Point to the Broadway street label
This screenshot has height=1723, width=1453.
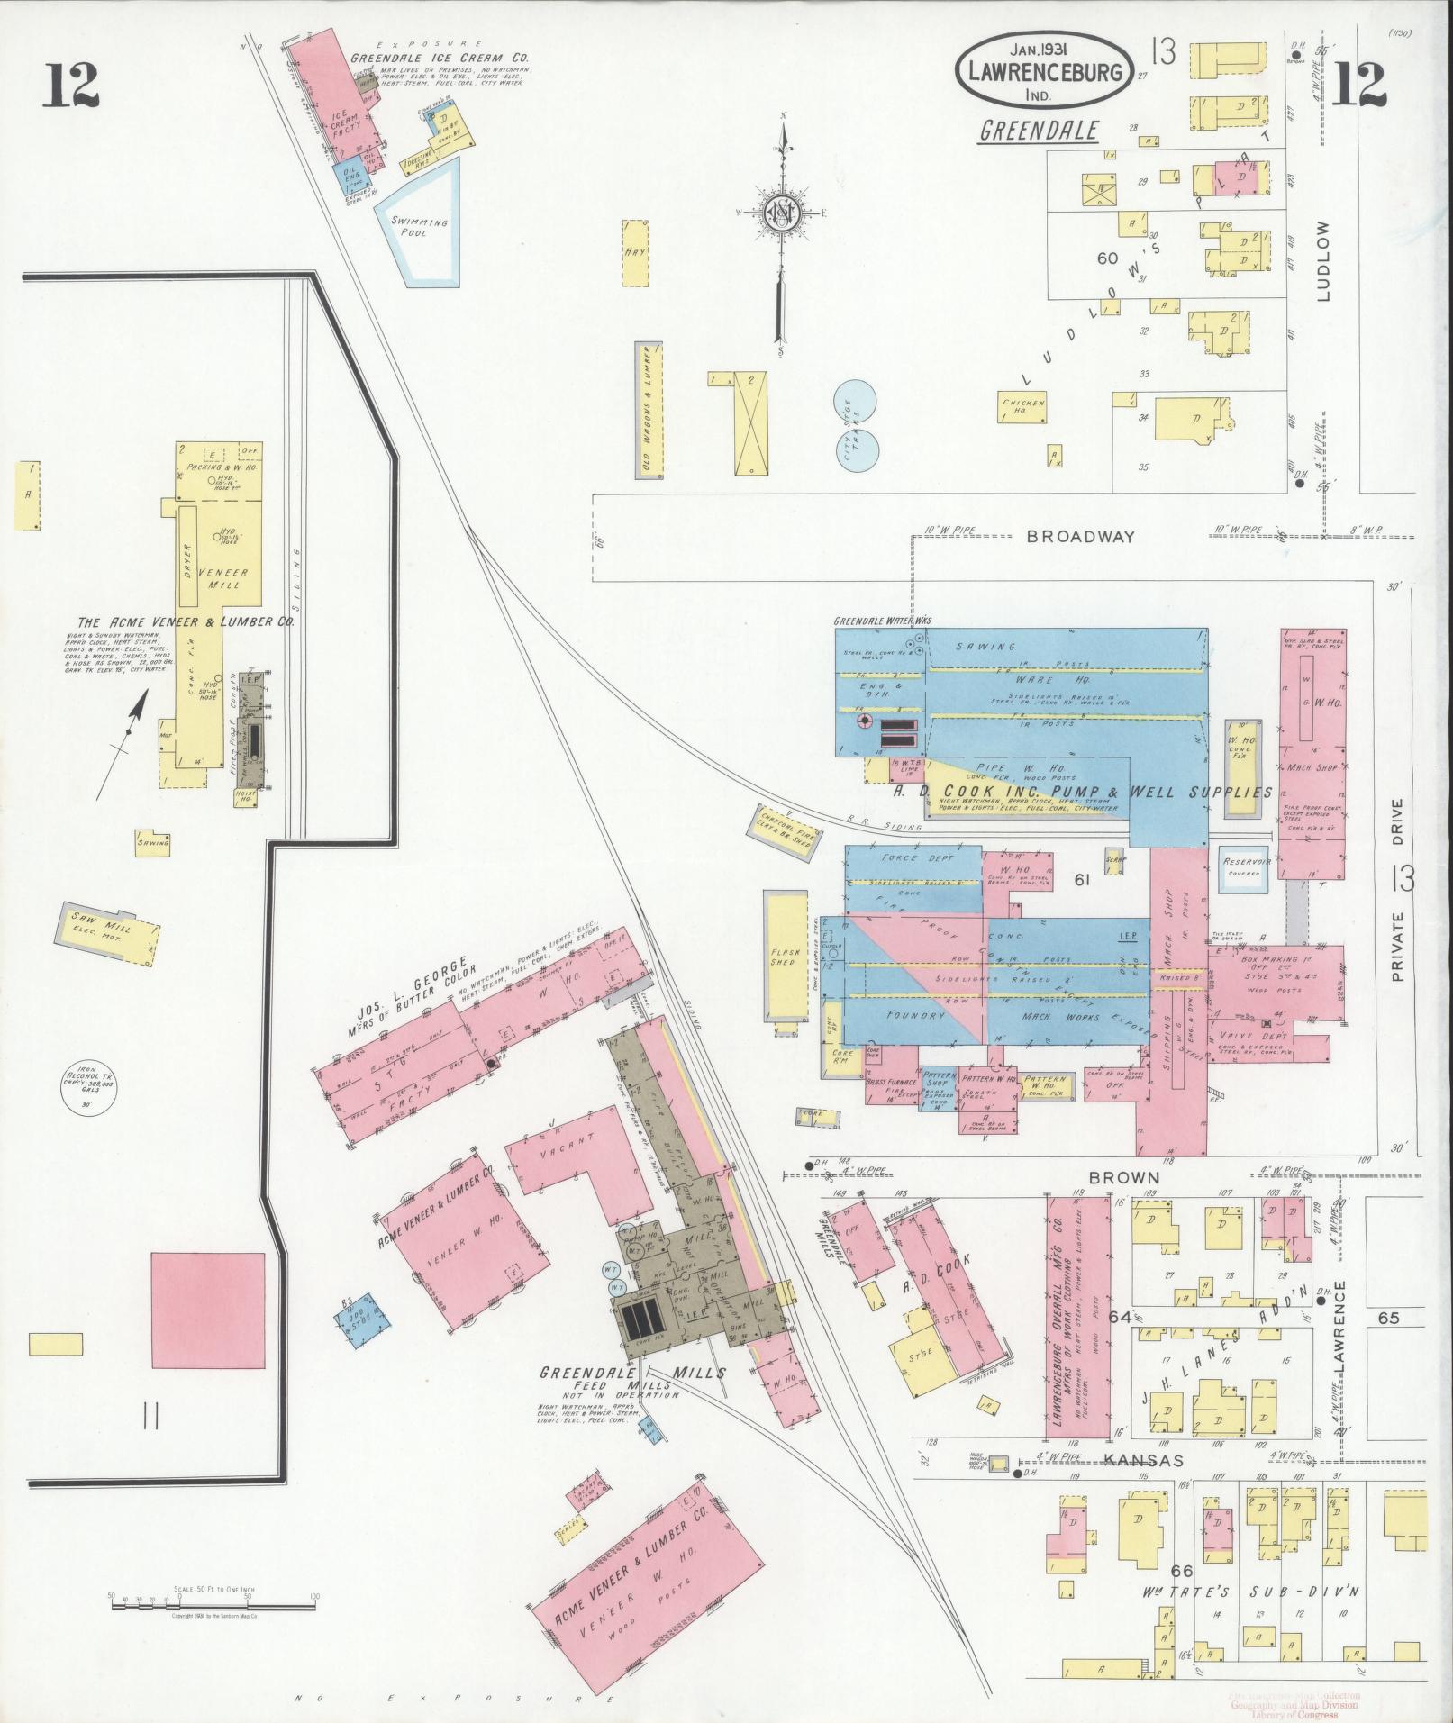(x=1081, y=537)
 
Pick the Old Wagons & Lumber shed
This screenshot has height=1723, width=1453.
(x=648, y=410)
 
